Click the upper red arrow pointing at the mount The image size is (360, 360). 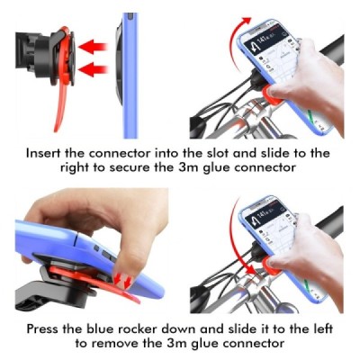tap(92, 47)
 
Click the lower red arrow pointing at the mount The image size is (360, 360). tap(92, 69)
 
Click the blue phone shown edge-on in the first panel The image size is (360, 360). tap(130, 76)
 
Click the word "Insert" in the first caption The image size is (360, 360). tap(43, 153)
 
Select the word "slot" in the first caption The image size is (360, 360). tap(216, 153)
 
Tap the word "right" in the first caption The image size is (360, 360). tap(74, 167)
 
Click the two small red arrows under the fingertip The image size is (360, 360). tap(123, 280)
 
